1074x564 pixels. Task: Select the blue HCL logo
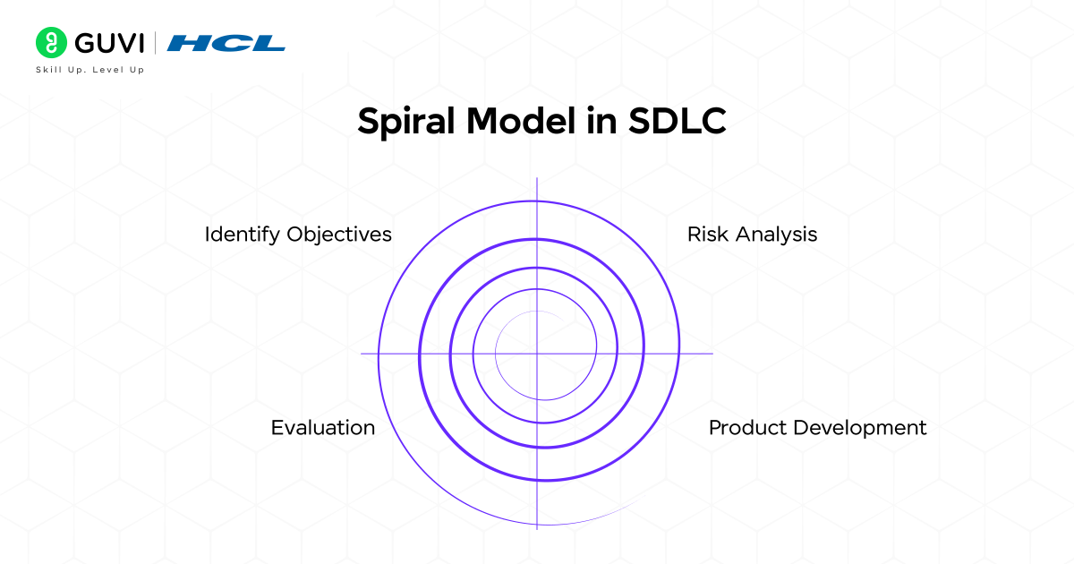[x=226, y=43]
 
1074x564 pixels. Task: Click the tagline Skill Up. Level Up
[x=89, y=70]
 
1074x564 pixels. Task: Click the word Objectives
[x=339, y=235]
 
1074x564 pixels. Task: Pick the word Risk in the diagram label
[x=708, y=235]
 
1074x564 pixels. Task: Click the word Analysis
[x=776, y=235]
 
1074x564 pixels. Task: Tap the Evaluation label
[x=323, y=428]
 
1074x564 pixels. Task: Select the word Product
[x=745, y=428]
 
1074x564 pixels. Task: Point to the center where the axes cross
[x=537, y=354]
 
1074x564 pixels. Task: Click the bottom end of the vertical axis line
[x=537, y=526]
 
